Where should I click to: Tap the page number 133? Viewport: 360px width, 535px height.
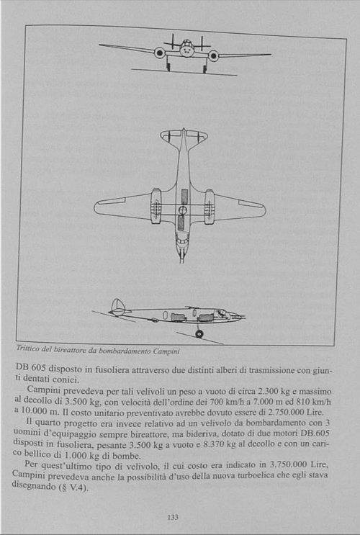pyautogui.click(x=173, y=516)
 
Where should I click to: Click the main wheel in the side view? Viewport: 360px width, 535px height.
pyautogui.click(x=199, y=334)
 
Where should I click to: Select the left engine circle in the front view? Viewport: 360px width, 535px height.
pyautogui.click(x=160, y=53)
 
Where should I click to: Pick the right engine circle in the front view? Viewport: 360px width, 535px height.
pyautogui.click(x=213, y=55)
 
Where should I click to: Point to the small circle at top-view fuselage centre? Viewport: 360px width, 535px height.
pyautogui.click(x=183, y=210)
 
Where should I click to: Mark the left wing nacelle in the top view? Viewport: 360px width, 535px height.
pyautogui.click(x=156, y=207)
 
